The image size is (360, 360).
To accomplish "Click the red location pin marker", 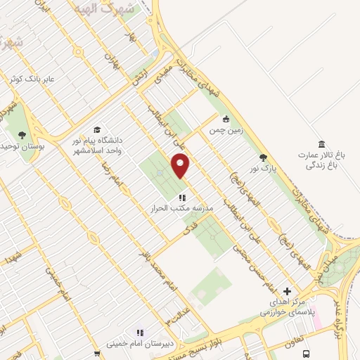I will click(181, 166).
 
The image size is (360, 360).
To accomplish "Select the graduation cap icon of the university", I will click(97, 130).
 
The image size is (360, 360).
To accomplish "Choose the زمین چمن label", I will click(225, 130).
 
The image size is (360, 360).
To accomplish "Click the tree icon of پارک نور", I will click(264, 157).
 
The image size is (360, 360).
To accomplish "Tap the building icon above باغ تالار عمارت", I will click(321, 143).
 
